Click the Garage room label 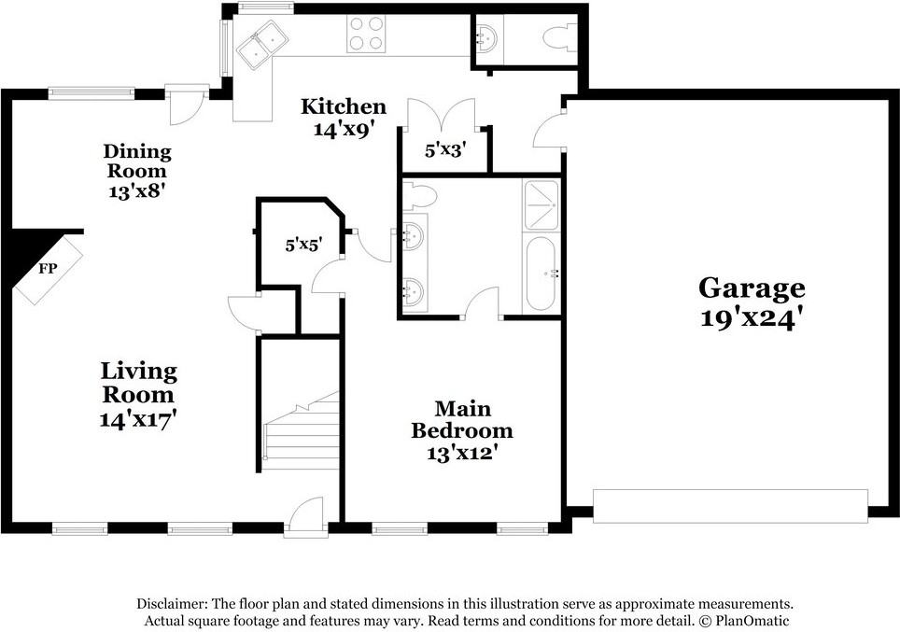coord(751,302)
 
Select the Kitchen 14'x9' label coord(343,118)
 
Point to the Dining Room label coord(137,171)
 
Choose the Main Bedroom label coord(461,430)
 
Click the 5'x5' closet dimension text coord(303,246)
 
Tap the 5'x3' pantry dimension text coord(445,148)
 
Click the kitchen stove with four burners coord(368,35)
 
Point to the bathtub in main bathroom coord(541,274)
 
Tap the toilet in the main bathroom coord(420,197)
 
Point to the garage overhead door coord(731,505)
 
